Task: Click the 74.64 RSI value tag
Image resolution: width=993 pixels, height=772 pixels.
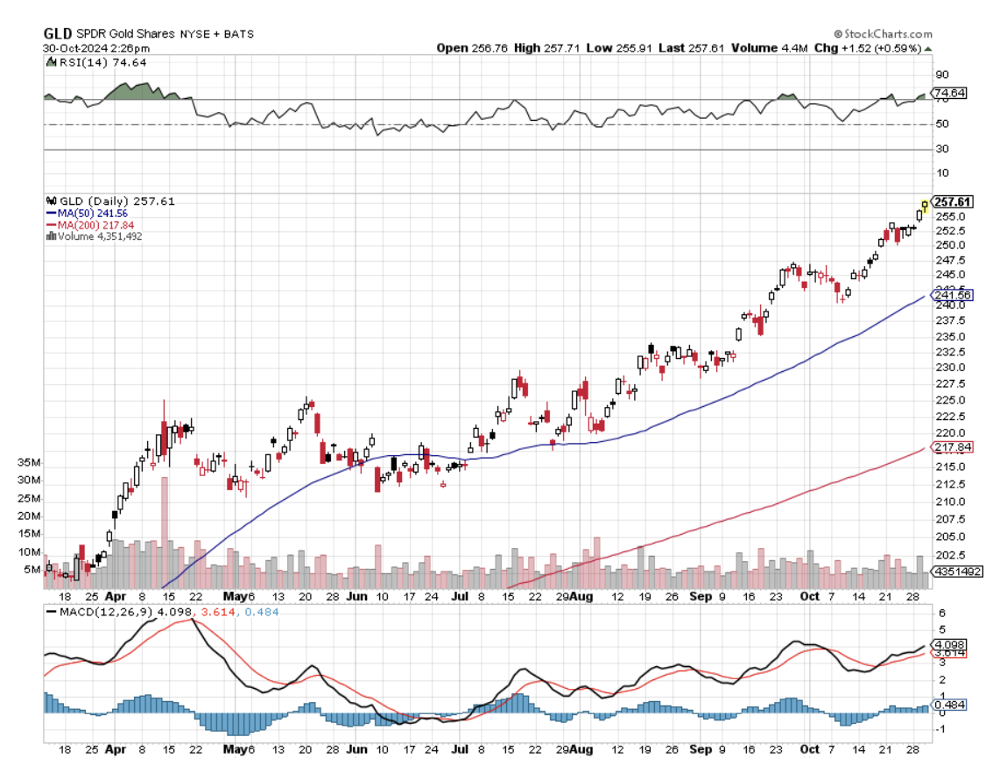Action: pos(950,93)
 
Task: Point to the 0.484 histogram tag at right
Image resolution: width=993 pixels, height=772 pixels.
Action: pos(950,704)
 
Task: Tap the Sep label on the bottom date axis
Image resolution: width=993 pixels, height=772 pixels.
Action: pos(700,749)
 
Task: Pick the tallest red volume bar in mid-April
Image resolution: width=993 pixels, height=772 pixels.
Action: pos(163,535)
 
